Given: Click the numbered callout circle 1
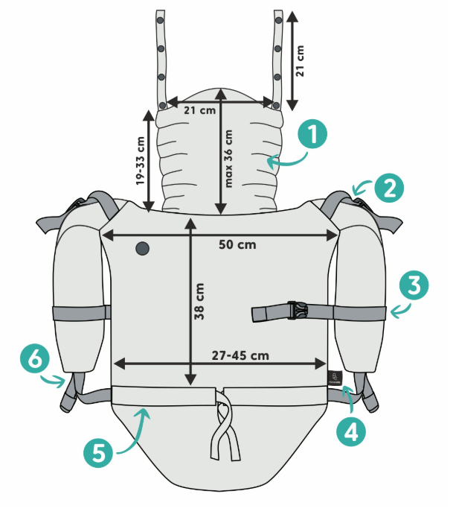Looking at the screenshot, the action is (312, 134).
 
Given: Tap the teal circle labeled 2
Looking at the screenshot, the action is (389, 188).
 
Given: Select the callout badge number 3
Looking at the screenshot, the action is (414, 285).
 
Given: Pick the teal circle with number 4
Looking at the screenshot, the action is (351, 431).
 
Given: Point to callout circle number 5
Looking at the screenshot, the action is (98, 453).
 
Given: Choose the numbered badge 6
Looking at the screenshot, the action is (35, 359).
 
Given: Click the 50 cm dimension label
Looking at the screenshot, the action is (237, 244).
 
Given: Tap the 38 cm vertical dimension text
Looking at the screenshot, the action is (199, 301).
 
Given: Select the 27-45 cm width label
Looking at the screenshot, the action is (240, 355).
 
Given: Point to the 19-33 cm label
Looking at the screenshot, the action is (140, 160).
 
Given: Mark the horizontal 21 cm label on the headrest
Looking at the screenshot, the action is (199, 110).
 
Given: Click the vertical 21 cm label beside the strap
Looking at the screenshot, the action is (300, 60).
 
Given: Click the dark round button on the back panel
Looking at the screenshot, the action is (142, 248).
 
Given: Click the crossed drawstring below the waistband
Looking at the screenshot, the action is (225, 425).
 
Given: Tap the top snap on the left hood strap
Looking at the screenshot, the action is (160, 20).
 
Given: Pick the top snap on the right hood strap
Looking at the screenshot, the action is (278, 20).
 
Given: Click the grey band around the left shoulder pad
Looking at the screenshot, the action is (81, 313).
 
